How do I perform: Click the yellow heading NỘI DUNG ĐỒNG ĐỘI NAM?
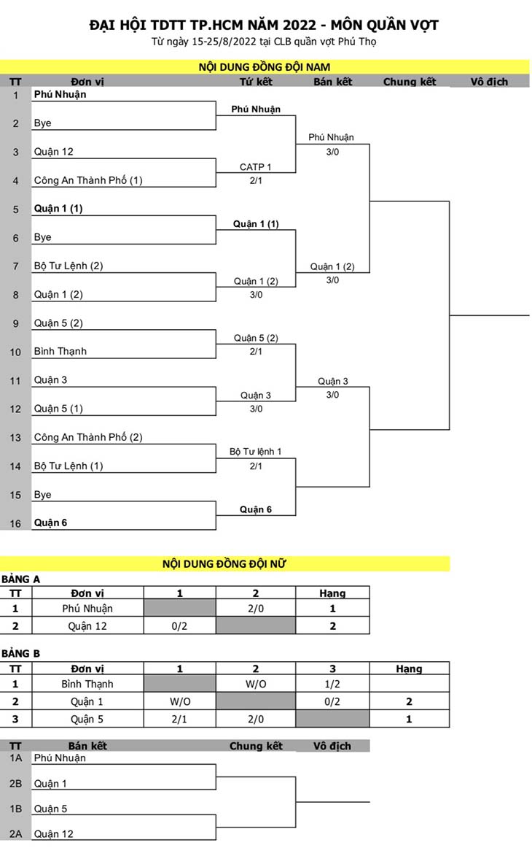(x=264, y=67)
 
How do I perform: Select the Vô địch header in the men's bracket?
(x=489, y=82)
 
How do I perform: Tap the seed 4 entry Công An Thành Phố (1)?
(x=88, y=180)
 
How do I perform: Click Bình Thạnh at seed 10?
(x=60, y=351)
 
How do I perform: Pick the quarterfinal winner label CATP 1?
(x=256, y=167)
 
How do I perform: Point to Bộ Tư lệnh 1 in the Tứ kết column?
(x=256, y=452)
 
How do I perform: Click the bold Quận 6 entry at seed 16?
(x=50, y=523)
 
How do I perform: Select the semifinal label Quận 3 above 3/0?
(x=333, y=381)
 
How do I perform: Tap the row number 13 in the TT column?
(x=15, y=438)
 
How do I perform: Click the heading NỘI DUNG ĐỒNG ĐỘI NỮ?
(x=224, y=564)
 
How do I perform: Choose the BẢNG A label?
(x=20, y=579)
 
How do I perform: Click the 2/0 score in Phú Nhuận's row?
(x=256, y=609)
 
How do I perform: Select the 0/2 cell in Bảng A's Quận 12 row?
(x=179, y=626)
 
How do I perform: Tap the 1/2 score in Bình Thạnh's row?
(x=332, y=684)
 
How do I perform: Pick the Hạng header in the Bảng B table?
(x=409, y=669)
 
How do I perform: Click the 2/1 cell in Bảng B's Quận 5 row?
(x=179, y=720)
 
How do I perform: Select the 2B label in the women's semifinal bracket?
(x=15, y=783)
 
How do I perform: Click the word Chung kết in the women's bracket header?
(x=256, y=746)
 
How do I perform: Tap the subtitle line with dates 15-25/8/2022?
(x=264, y=42)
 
